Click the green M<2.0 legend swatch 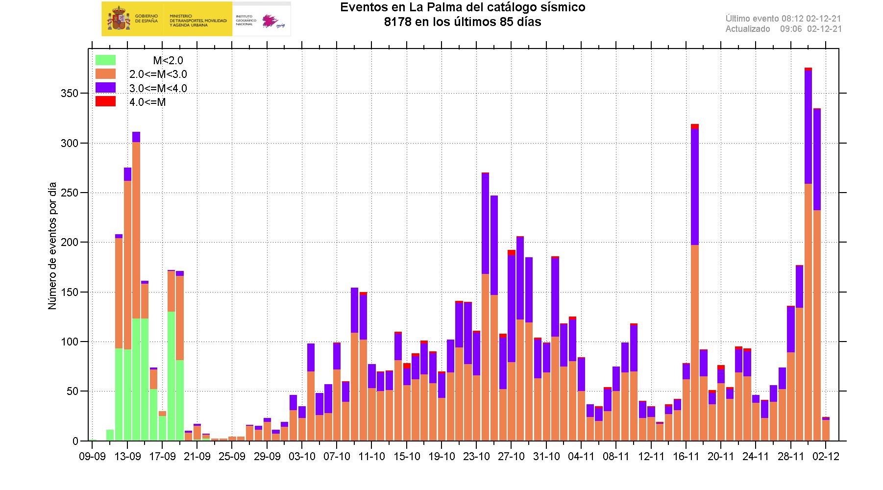105,60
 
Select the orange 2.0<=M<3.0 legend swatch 105,74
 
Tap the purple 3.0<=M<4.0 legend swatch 105,88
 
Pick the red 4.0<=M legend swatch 105,101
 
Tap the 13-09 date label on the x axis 127,457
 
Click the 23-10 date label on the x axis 477,457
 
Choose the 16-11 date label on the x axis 686,457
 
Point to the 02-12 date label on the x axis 826,457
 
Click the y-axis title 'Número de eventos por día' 52,246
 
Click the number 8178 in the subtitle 399,22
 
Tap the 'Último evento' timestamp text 784,19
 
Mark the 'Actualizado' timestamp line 784,29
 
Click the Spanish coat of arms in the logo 118,19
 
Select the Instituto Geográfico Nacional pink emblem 270,21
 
